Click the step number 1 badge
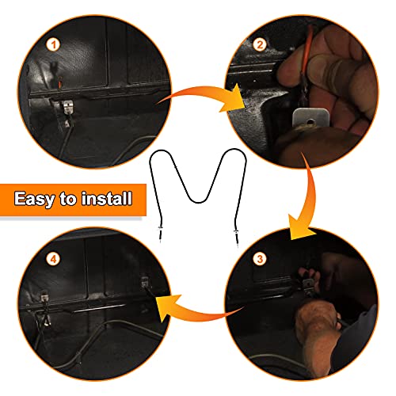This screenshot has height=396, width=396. click(53, 45)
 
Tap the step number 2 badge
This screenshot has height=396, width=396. click(260, 44)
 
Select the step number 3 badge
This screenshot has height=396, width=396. click(260, 259)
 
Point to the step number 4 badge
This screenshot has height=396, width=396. click(53, 259)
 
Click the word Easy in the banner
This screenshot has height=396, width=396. click(34, 199)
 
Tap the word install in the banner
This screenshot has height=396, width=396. click(107, 198)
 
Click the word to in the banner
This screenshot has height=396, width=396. click(68, 199)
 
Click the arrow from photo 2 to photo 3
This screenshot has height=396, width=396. click(310, 196)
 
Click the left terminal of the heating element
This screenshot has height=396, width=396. click(160, 233)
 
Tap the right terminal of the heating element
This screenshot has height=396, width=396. click(236, 237)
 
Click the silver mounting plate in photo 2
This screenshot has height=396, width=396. click(310, 118)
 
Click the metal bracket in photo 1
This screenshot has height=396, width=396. click(67, 108)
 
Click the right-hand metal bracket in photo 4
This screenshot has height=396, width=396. click(145, 282)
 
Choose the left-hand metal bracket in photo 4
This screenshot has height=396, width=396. click(44, 295)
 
